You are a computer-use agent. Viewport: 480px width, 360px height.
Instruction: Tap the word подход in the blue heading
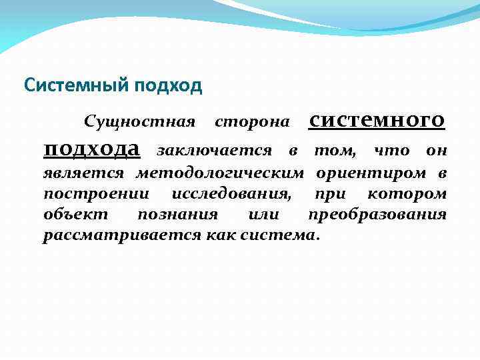click(167, 86)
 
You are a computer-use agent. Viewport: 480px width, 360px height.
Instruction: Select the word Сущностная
click(139, 122)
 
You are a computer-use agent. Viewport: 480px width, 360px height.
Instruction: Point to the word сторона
click(252, 122)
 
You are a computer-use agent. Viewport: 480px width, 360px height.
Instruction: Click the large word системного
click(377, 119)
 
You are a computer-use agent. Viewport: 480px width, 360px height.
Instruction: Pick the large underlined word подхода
click(91, 148)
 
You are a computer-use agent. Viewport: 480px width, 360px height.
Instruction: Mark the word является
click(83, 174)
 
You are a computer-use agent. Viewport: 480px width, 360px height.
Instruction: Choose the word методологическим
click(220, 174)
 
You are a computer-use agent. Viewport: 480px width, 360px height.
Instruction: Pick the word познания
click(177, 215)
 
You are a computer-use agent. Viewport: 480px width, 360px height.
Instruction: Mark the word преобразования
click(377, 215)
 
